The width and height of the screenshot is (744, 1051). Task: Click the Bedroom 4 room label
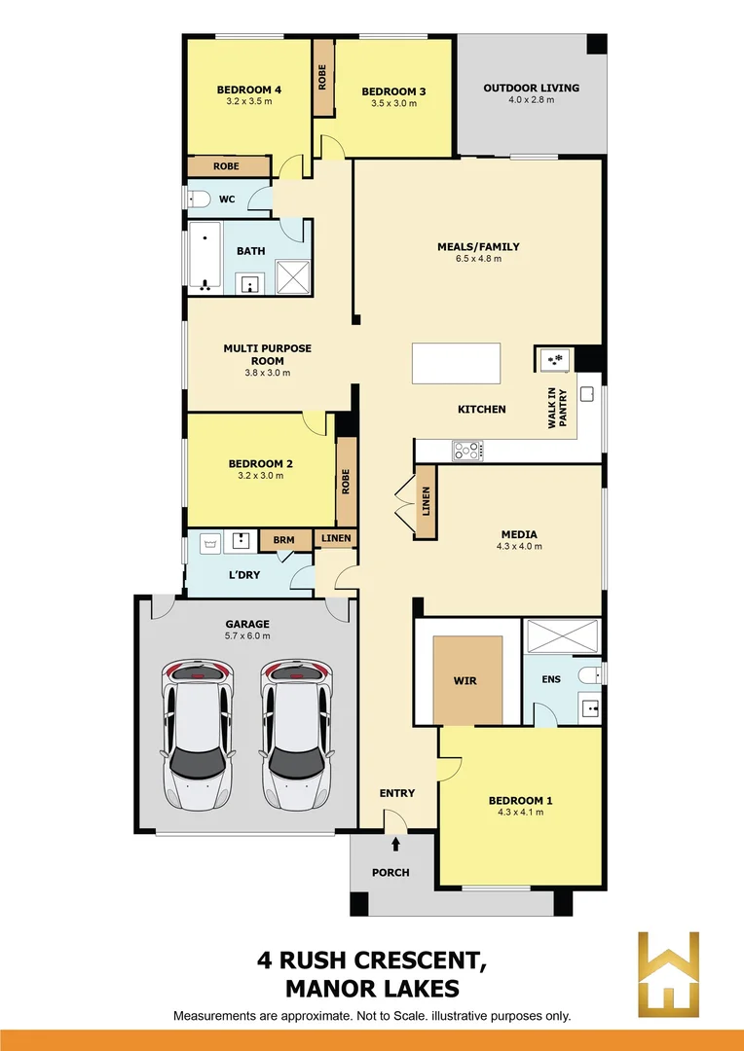pos(248,90)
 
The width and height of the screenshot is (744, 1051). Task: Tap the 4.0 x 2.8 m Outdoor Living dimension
pos(531,100)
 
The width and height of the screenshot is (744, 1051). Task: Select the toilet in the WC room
pos(199,199)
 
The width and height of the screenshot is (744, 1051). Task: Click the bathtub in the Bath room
pos(205,257)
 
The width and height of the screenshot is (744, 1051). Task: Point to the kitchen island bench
pos(456,363)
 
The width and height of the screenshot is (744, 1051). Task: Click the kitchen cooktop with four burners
pos(466,451)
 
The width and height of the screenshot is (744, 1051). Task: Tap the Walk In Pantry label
pos(556,408)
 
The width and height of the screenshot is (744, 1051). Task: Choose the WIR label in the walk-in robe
pos(465,680)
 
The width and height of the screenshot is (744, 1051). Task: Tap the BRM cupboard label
pos(283,540)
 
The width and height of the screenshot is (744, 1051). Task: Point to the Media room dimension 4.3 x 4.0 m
pos(518,547)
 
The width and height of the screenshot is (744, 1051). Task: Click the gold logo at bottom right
pos(668,973)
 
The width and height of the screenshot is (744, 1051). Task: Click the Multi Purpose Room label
pos(268,354)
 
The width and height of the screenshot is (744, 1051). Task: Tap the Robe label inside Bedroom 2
pos(346,483)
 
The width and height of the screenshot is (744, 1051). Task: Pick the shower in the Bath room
pos(292,277)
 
